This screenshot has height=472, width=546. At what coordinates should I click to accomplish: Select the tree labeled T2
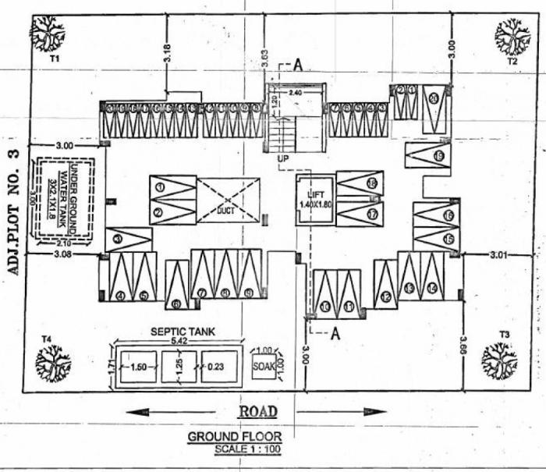coord(512,36)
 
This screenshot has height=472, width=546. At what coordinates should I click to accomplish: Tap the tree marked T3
coord(498,359)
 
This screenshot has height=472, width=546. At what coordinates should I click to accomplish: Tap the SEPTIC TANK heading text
coord(183,332)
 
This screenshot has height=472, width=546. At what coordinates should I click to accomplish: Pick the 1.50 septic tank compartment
coord(139,366)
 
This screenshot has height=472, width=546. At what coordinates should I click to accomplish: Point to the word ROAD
coord(258,411)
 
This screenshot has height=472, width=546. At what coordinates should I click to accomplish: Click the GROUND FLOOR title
coord(235,437)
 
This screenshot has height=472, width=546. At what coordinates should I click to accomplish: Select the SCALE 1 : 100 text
coord(246,449)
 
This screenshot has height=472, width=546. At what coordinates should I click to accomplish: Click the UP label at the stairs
coord(283,158)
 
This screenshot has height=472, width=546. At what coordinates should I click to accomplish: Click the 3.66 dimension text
coord(463,345)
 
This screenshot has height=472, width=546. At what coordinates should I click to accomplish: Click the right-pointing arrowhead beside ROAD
coord(376,411)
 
